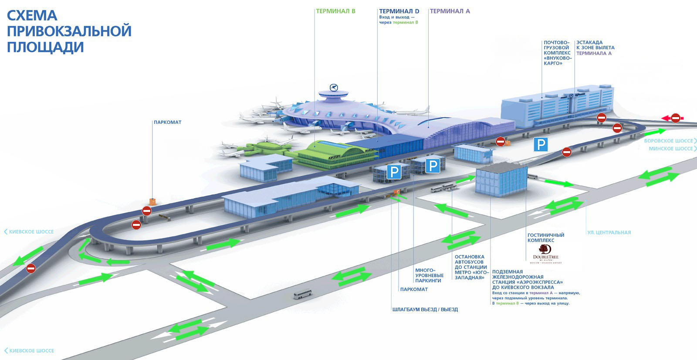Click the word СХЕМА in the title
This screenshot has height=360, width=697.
point(32,16)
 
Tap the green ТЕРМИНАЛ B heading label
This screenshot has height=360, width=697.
point(335,11)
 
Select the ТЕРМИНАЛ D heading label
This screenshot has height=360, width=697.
point(399,11)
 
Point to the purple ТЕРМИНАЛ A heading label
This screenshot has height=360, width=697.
point(450,11)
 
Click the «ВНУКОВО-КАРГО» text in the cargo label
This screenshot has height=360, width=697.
point(557,61)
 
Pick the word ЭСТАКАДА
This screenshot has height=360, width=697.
point(589,43)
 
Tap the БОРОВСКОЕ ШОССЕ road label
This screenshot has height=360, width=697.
point(668,141)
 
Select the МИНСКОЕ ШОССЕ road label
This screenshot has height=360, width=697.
point(670,149)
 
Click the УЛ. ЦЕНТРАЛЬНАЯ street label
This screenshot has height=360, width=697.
point(609,232)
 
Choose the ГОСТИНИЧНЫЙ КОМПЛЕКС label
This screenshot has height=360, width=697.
point(545,238)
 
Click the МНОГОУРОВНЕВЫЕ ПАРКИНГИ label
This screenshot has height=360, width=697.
point(429,275)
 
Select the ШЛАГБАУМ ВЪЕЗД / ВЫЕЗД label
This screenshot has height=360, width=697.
point(425,309)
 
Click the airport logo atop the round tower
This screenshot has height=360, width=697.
point(334,87)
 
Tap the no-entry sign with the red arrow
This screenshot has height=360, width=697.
point(674,118)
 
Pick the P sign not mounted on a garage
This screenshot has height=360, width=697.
point(541,144)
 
